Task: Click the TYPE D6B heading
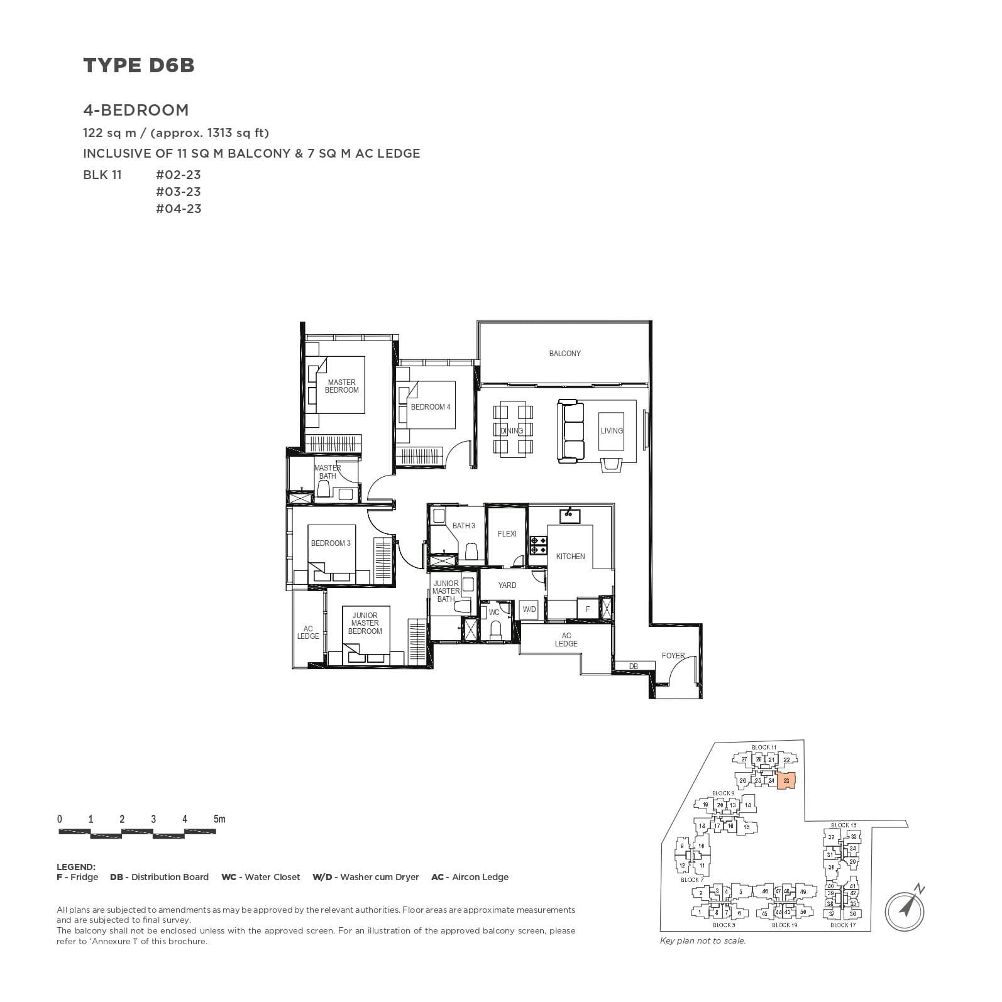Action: (139, 65)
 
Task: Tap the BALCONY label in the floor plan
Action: (564, 354)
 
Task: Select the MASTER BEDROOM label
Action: (341, 386)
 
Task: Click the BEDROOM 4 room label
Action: (431, 407)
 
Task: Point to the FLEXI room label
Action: (507, 534)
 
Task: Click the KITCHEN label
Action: (570, 557)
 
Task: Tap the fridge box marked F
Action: (588, 609)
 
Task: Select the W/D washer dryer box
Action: (529, 609)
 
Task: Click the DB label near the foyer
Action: (633, 667)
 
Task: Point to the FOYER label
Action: (673, 656)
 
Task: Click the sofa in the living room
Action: (571, 431)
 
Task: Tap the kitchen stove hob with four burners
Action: (539, 545)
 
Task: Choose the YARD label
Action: (507, 585)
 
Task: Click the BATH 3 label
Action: (463, 526)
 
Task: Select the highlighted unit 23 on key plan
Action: (786, 781)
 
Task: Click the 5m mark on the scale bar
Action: (219, 819)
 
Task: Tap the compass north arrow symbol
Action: (906, 909)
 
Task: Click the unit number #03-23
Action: (179, 192)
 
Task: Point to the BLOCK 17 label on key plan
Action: (842, 925)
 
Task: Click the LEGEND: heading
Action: (76, 867)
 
